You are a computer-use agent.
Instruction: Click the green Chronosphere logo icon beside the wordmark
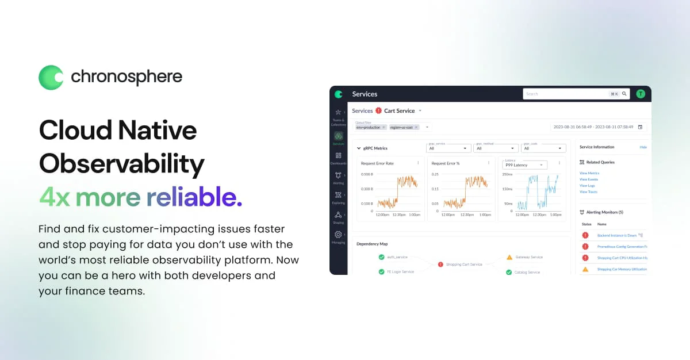point(51,77)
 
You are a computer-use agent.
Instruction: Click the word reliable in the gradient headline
point(194,197)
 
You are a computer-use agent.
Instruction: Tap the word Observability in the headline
point(121,164)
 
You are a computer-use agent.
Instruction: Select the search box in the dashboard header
point(566,94)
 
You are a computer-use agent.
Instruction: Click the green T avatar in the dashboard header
point(641,94)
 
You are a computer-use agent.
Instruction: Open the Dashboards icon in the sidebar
point(338,156)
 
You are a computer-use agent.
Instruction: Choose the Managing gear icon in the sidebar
point(338,235)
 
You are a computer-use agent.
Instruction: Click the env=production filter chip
point(369,127)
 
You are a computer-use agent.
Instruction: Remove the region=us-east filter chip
point(416,127)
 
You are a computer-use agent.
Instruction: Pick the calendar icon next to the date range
point(640,127)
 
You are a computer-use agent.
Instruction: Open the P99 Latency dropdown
point(525,165)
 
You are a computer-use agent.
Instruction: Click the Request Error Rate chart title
point(377,163)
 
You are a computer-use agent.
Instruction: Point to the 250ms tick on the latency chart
point(507,174)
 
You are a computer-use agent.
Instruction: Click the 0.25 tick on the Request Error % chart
point(435,174)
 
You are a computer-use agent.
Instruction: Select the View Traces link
point(588,192)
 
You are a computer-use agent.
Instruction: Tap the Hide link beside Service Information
point(643,147)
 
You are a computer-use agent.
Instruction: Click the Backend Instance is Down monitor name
point(616,235)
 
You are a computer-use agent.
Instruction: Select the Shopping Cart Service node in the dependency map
point(464,265)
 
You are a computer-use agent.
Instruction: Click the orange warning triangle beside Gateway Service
point(509,257)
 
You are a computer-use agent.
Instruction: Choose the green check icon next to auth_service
point(381,257)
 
